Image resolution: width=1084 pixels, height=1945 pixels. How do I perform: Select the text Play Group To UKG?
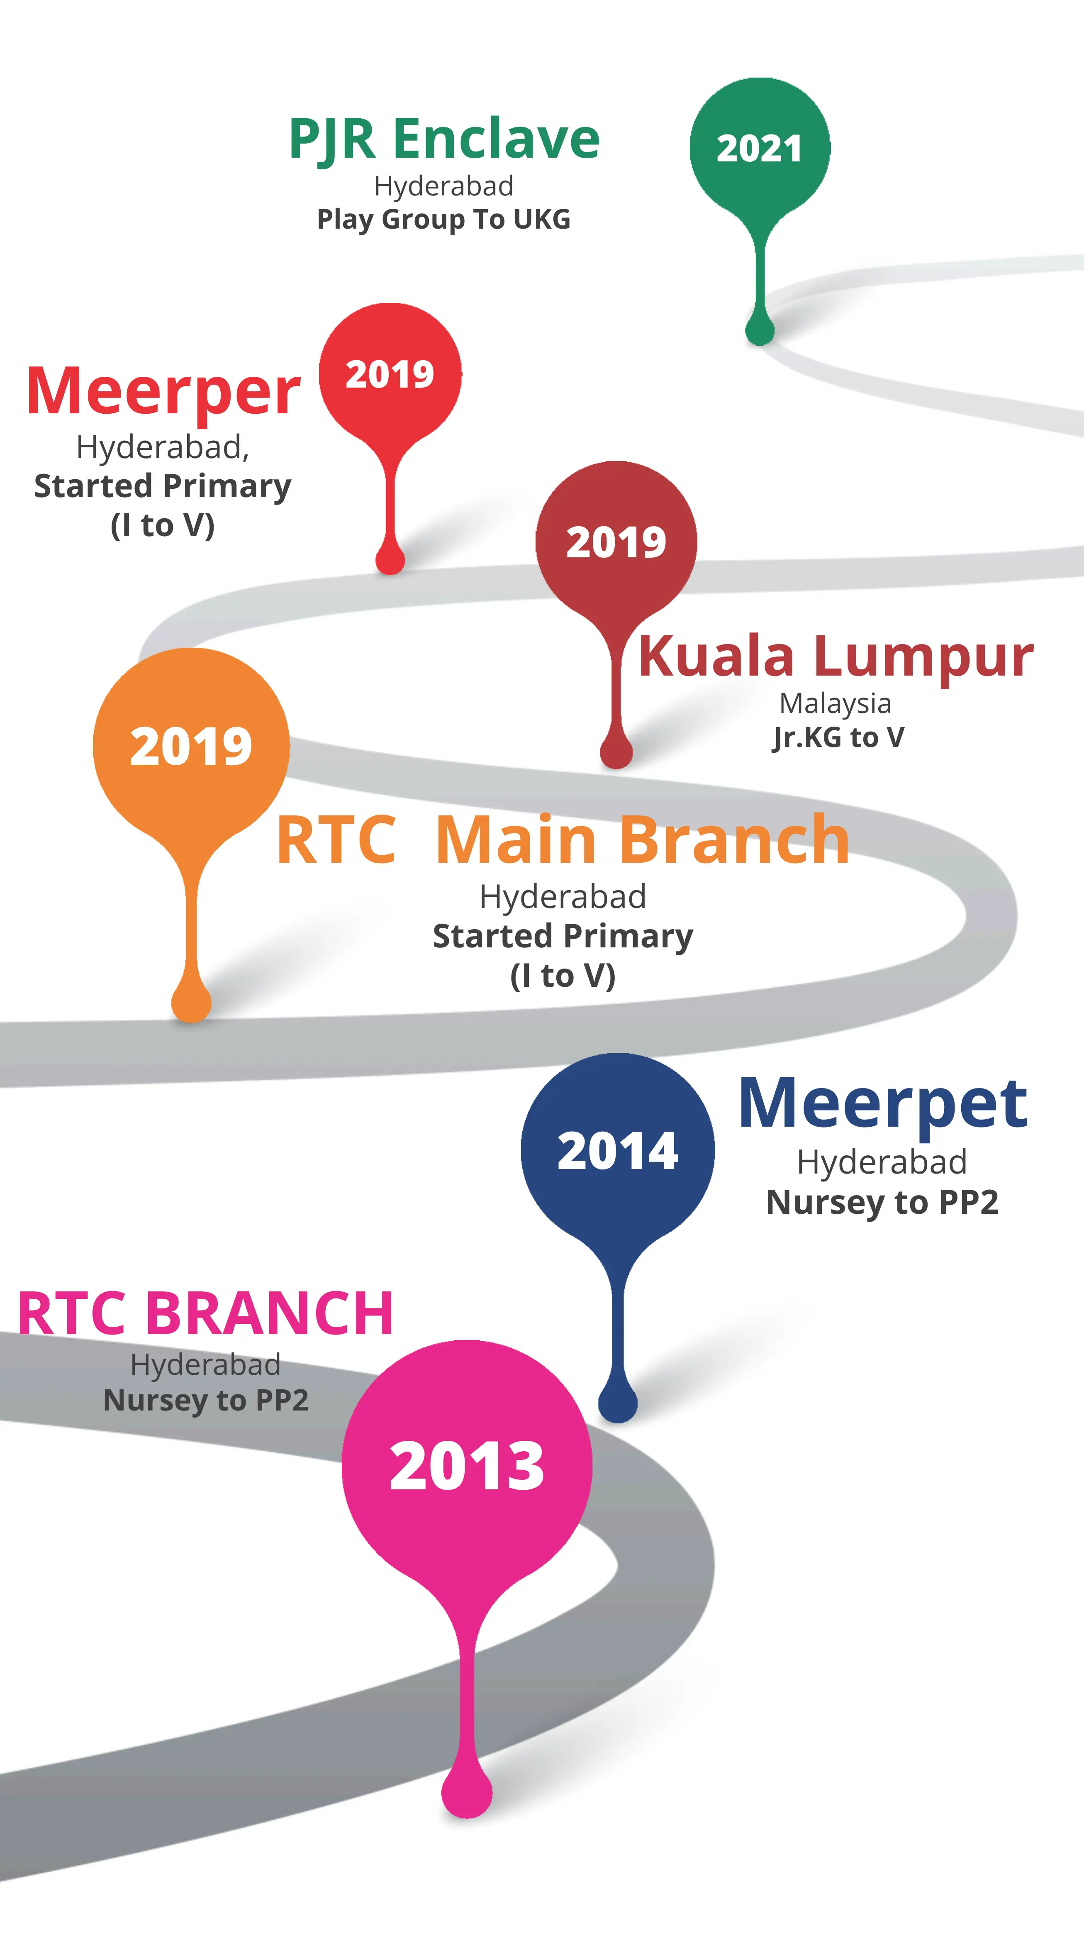tap(444, 219)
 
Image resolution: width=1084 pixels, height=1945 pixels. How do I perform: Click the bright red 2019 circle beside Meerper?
tap(390, 374)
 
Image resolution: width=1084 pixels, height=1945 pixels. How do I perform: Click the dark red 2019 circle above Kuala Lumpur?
tap(616, 542)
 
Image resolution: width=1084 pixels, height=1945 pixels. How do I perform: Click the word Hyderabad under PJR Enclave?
tap(444, 186)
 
